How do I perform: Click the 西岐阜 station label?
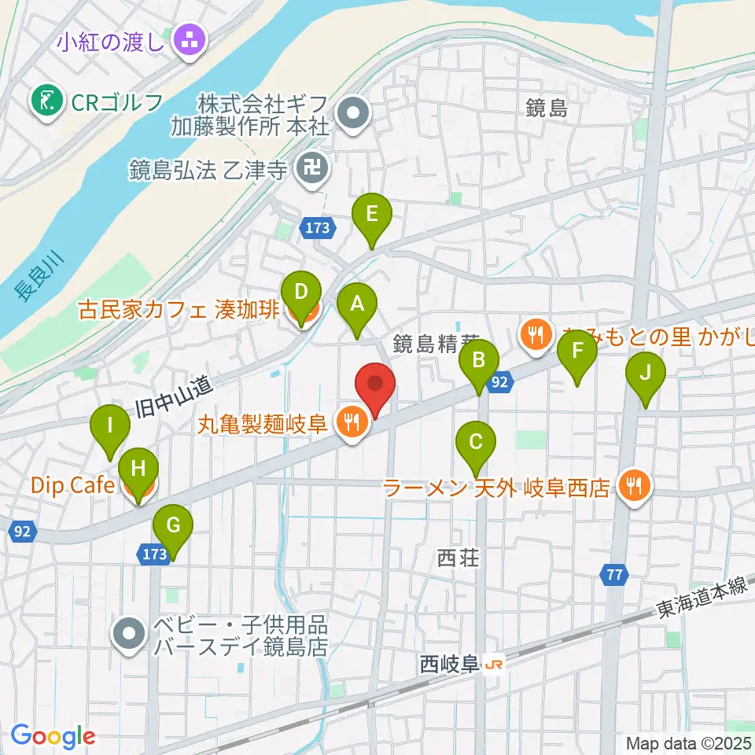coord(449,665)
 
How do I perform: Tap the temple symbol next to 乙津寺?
coord(314,170)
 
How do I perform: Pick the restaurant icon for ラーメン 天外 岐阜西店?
coord(634,487)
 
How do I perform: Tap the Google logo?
coord(53,736)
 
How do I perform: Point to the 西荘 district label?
coord(458,558)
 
